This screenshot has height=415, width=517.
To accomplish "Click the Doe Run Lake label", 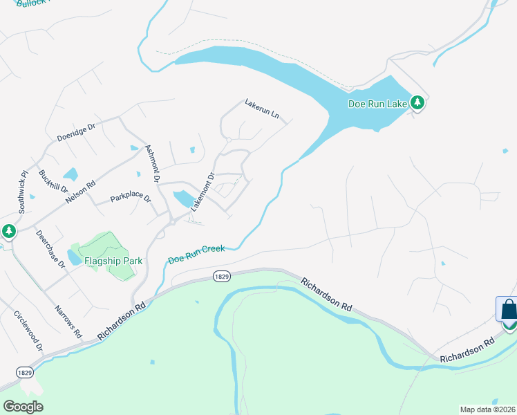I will (x=377, y=104).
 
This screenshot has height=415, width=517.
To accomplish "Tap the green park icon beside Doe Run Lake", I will (x=417, y=103).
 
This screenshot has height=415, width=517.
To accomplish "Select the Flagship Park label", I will (x=113, y=261).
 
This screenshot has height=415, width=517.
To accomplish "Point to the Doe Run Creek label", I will (x=196, y=255).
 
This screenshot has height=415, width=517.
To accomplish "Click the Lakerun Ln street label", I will (x=263, y=109).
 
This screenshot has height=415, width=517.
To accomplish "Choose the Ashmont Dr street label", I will (x=153, y=163).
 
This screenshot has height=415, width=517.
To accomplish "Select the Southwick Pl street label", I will (x=23, y=192).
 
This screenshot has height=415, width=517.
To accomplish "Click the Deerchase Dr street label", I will (x=50, y=248).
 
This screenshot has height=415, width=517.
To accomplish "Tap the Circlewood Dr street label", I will (x=28, y=330).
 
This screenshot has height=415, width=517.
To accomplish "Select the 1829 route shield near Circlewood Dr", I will (x=24, y=372).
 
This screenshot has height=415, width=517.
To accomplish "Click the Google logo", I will (x=23, y=407).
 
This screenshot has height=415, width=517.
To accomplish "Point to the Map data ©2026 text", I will (x=487, y=409).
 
